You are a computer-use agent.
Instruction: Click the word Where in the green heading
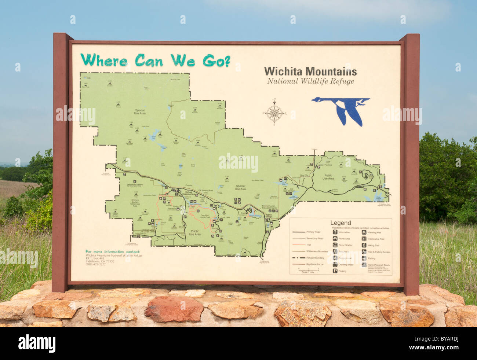(104, 60)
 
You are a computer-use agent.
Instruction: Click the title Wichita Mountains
(310, 71)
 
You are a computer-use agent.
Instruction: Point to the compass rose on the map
(274, 112)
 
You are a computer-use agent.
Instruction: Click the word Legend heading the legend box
(341, 223)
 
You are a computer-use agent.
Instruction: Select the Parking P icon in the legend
(335, 271)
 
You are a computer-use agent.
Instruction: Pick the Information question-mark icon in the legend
(335, 232)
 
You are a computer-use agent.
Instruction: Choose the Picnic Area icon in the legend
(335, 239)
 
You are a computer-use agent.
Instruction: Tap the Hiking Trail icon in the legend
(364, 245)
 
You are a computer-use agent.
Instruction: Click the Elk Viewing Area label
(205, 190)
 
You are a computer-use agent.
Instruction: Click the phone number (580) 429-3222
(95, 264)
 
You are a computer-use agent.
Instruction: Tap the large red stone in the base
(174, 309)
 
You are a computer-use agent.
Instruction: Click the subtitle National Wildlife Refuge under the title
(310, 81)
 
